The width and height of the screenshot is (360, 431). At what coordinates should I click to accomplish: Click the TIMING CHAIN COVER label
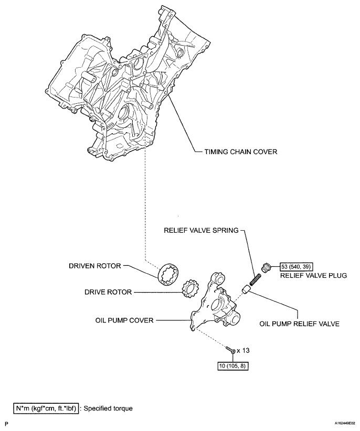pos(237,152)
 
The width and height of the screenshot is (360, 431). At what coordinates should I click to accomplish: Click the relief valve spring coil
pos(258,273)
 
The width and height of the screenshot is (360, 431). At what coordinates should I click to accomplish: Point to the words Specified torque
pos(109,407)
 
